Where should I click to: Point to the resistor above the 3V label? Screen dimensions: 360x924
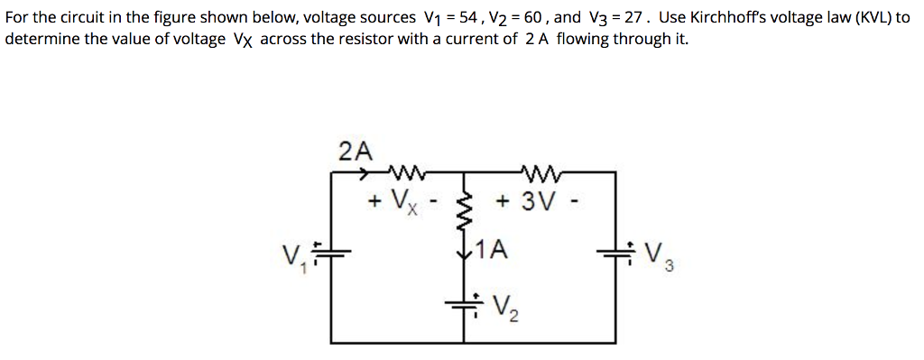click(x=541, y=171)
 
